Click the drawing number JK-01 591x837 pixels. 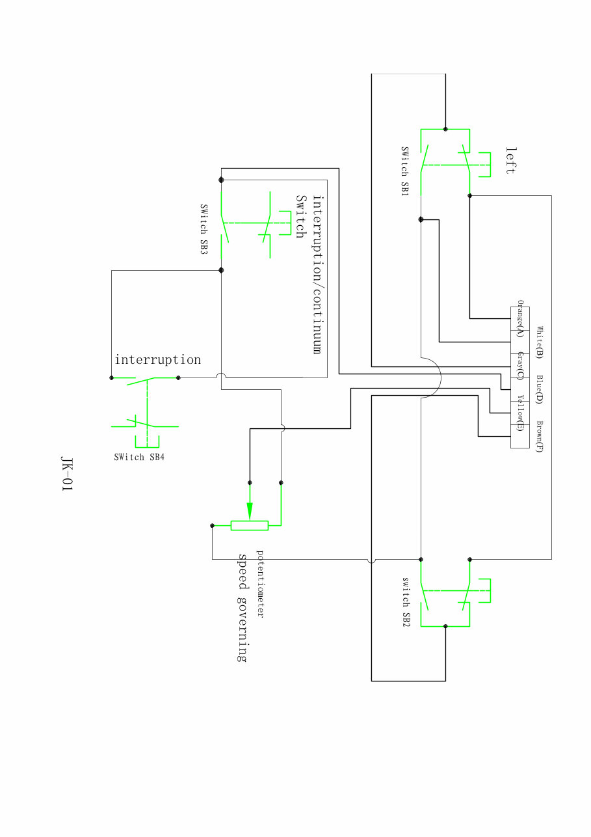pyautogui.click(x=66, y=475)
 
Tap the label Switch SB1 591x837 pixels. pyautogui.click(x=404, y=172)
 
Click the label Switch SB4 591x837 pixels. pyautogui.click(x=139, y=457)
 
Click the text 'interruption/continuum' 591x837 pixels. pyautogui.click(x=317, y=274)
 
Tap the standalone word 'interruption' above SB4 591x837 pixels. pyautogui.click(x=158, y=360)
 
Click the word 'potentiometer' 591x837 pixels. pyautogui.click(x=260, y=584)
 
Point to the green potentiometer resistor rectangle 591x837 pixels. pyautogui.click(x=250, y=526)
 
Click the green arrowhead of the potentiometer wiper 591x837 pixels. pyautogui.click(x=250, y=511)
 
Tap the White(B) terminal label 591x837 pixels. pyautogui.click(x=539, y=342)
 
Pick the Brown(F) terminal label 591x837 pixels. pyautogui.click(x=539, y=437)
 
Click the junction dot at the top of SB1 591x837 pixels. pyautogui.click(x=445, y=128)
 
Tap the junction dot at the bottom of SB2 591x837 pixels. pyautogui.click(x=445, y=626)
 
